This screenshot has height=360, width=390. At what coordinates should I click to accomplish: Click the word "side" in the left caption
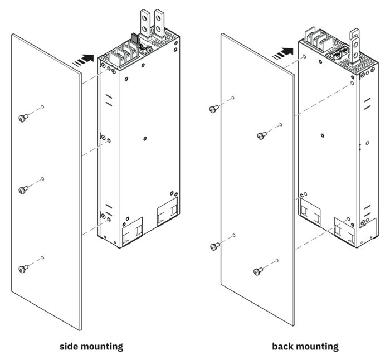click(71, 346)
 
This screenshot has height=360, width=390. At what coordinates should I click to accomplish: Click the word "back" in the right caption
click(284, 346)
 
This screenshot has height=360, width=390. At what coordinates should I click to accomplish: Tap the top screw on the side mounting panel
click(23, 117)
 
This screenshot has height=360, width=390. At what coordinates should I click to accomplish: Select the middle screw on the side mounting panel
click(23, 191)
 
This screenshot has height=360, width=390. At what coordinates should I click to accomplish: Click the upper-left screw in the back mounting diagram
click(213, 109)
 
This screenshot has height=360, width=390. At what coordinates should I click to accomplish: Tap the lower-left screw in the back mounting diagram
click(213, 246)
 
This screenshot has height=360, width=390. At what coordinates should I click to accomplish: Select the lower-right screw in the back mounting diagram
click(258, 271)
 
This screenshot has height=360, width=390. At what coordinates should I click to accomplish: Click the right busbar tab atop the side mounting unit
click(159, 22)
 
